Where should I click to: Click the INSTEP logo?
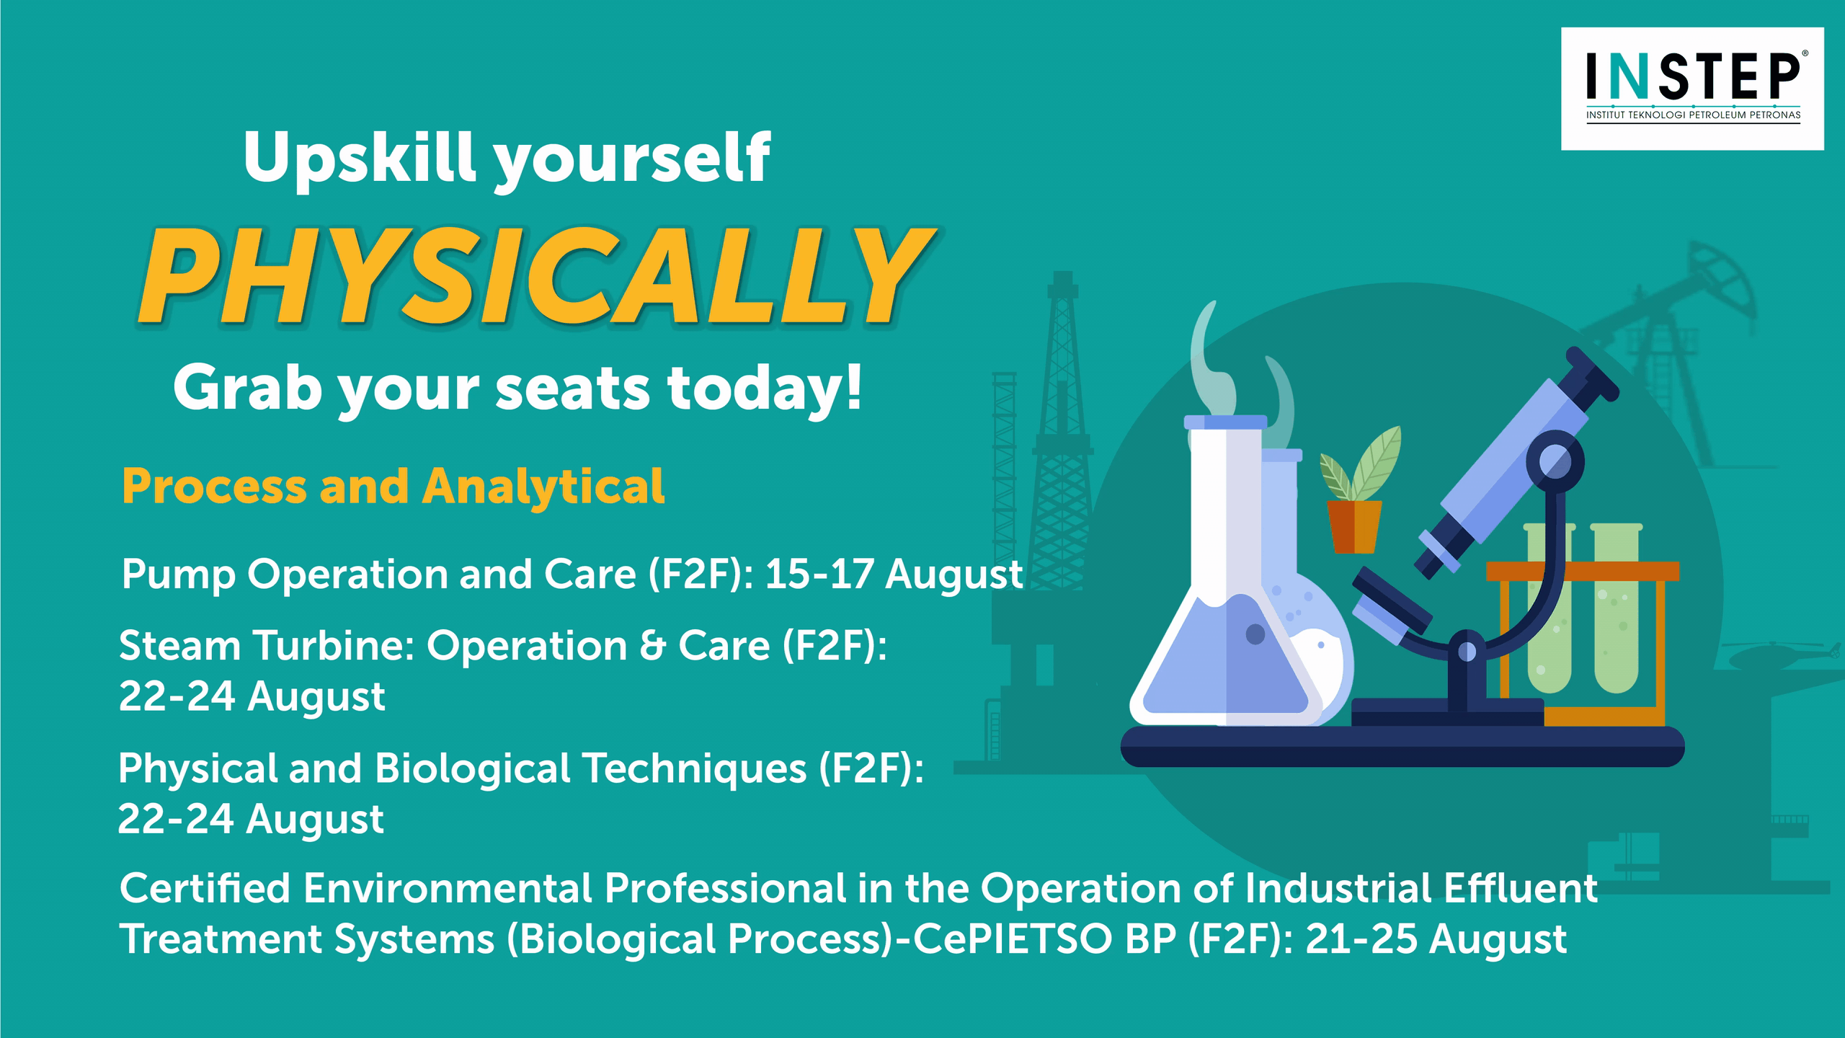coord(1691,89)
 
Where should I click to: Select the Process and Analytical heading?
coord(393,487)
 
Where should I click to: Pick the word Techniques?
coord(695,769)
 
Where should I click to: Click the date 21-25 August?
coord(1436,939)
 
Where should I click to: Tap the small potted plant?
coord(1357,490)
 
